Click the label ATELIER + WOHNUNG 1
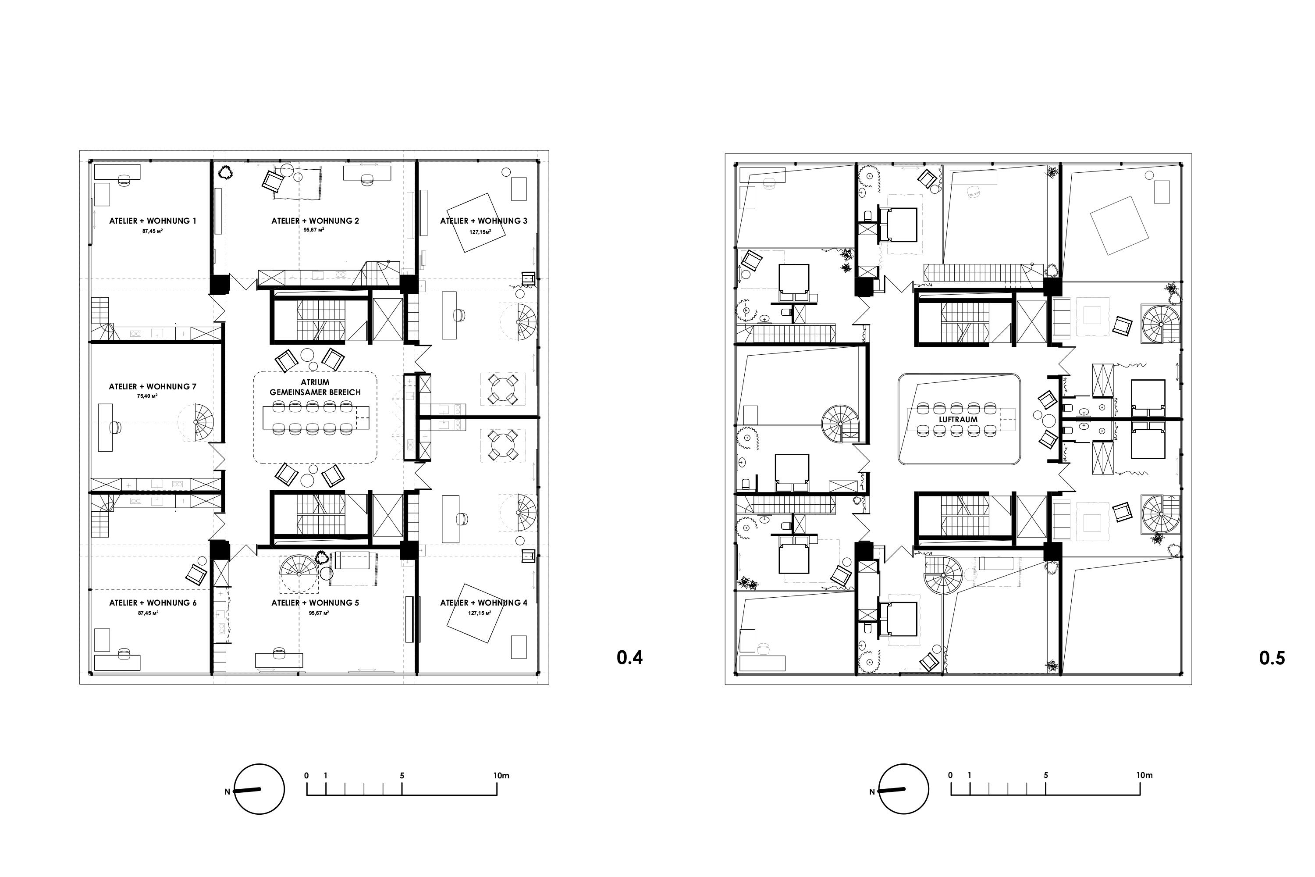point(153,221)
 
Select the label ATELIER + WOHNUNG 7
point(153,386)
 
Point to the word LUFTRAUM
point(958,420)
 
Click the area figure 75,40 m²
point(147,396)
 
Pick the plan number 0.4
point(629,658)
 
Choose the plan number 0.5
point(1272,658)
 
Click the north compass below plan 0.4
point(259,789)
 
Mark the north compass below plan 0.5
point(903,789)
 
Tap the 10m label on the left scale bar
point(501,776)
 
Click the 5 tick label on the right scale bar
point(1045,775)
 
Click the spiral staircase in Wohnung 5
point(299,574)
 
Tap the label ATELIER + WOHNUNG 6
point(153,603)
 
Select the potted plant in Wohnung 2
point(226,172)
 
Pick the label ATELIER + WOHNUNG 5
point(315,603)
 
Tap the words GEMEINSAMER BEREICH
point(315,392)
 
